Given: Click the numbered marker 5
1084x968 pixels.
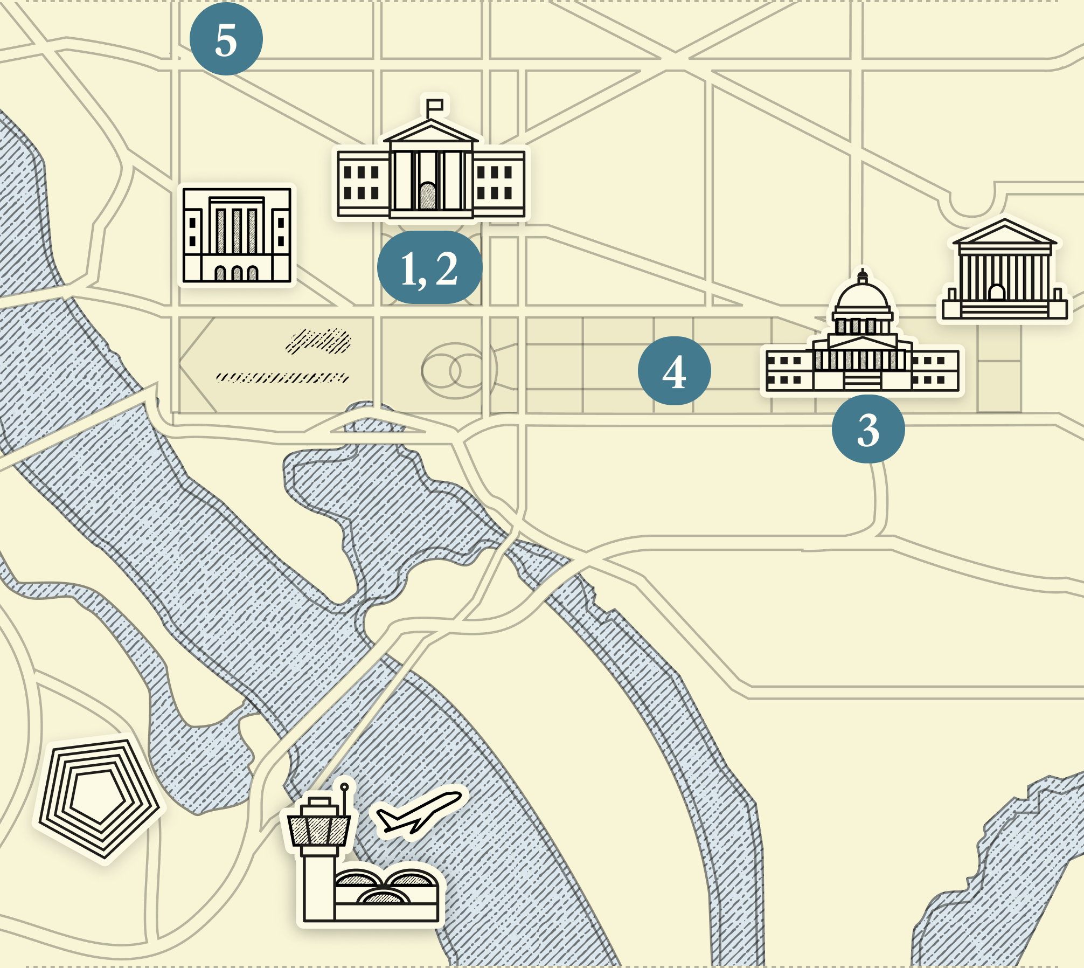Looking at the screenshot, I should pyautogui.click(x=226, y=39).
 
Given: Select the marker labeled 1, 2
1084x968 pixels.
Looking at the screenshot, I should pyautogui.click(x=429, y=268).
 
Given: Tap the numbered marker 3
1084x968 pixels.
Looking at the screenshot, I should pyautogui.click(x=868, y=429).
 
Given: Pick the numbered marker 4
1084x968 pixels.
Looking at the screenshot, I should pyautogui.click(x=674, y=371).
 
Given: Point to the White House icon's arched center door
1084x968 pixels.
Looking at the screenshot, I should pyautogui.click(x=428, y=196).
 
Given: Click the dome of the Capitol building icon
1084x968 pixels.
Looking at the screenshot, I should pyautogui.click(x=863, y=295).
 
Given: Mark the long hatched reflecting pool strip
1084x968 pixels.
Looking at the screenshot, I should pyautogui.click(x=282, y=377).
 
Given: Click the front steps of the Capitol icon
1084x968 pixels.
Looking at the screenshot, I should pyautogui.click(x=863, y=382).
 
